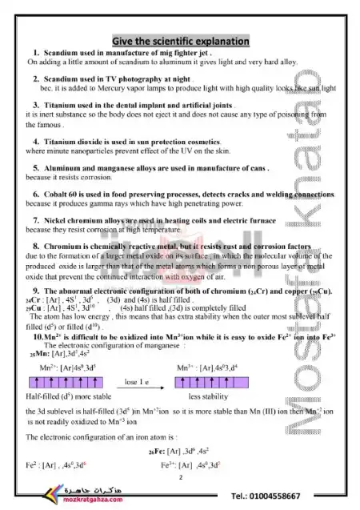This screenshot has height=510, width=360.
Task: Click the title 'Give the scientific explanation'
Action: coord(182,41)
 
